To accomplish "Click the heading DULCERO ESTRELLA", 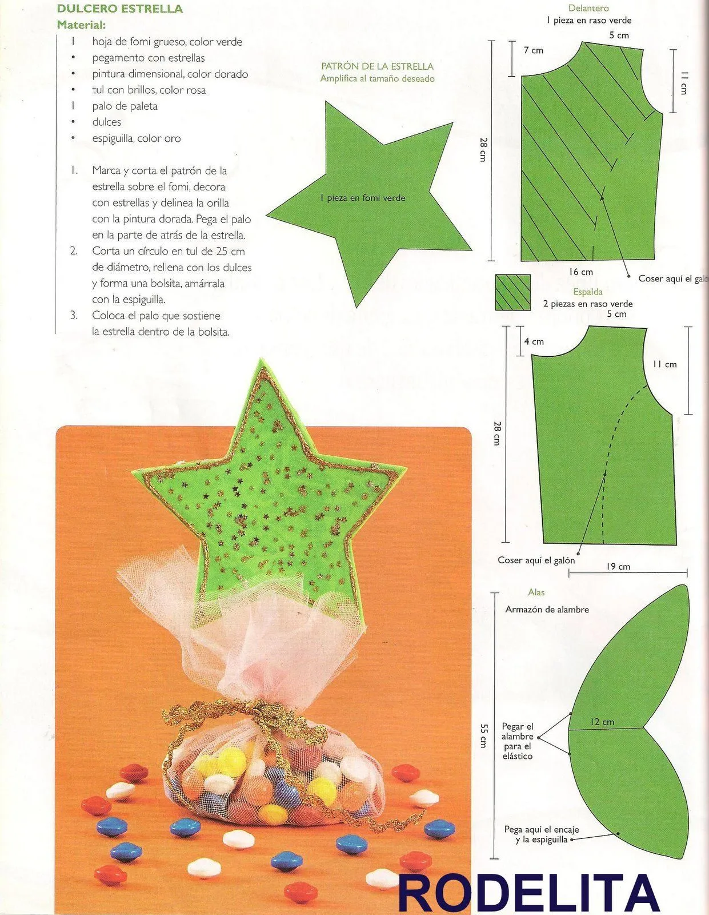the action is click(x=120, y=9).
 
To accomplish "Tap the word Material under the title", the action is click(x=81, y=25).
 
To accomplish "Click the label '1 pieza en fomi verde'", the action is click(x=362, y=198).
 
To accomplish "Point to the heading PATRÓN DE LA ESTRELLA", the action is click(x=377, y=66).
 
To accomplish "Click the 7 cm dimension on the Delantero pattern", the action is click(x=533, y=50).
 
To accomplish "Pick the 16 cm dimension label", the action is click(x=581, y=272).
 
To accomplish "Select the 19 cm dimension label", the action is click(x=618, y=567).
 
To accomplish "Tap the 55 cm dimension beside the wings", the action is click(x=483, y=735).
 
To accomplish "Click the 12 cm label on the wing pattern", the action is click(x=602, y=722).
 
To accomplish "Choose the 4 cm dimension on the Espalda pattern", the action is click(x=534, y=341).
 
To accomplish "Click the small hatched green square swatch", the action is click(x=512, y=292).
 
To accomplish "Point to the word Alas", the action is click(x=536, y=592).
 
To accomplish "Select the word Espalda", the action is click(x=587, y=292).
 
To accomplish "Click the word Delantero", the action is click(x=588, y=8).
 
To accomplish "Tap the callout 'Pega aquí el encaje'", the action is click(x=542, y=829).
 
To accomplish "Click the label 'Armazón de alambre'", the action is click(x=547, y=609).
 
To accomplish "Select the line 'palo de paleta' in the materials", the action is click(x=125, y=106).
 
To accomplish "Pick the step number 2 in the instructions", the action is click(x=74, y=252).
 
